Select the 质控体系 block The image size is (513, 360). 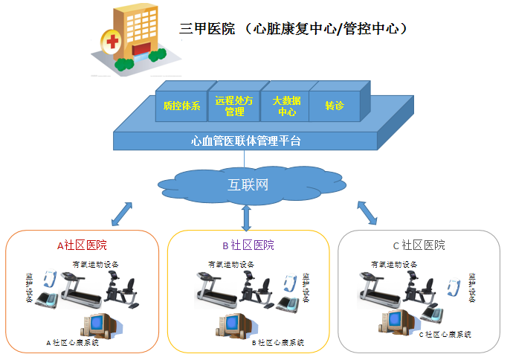click(x=182, y=106)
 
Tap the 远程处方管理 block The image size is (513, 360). click(x=234, y=106)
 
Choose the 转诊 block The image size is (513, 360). click(x=335, y=106)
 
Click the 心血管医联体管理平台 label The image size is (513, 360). click(x=246, y=140)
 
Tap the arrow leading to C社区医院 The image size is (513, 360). click(x=367, y=213)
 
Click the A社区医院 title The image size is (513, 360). click(x=83, y=245)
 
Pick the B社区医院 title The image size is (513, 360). click(x=248, y=245)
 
